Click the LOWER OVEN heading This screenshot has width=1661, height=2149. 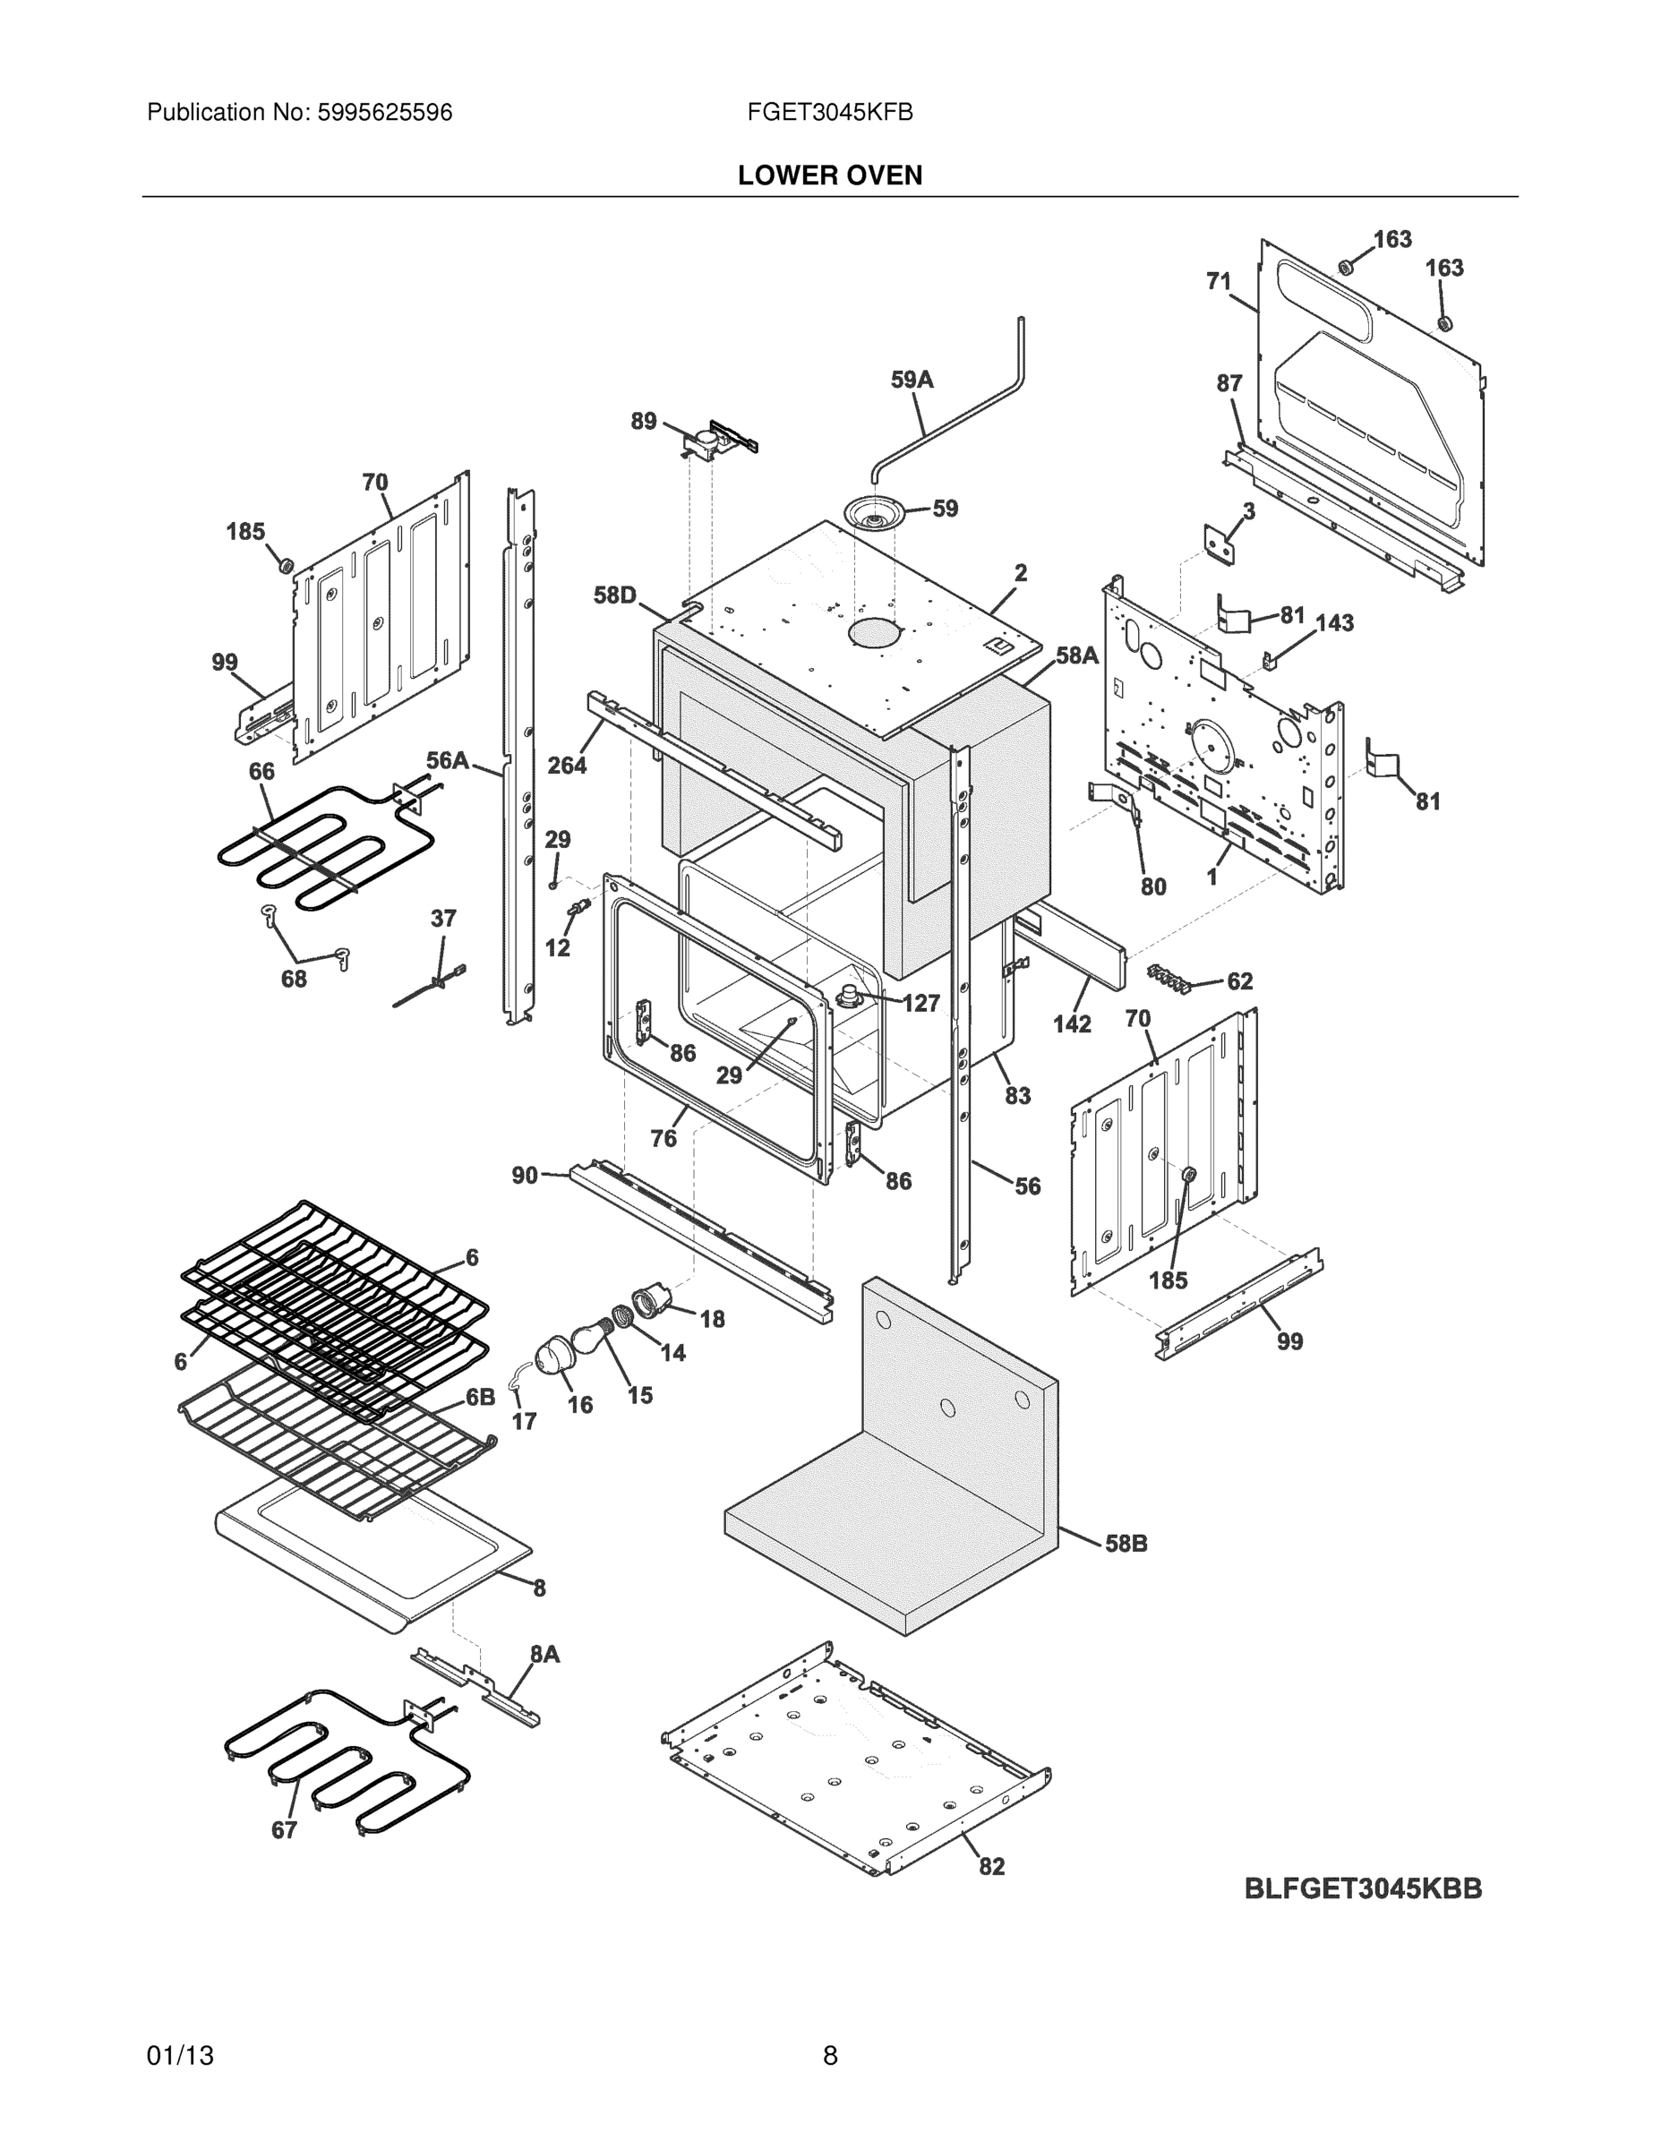(829, 176)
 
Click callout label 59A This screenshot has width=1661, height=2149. (912, 380)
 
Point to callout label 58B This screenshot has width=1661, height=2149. (1126, 1544)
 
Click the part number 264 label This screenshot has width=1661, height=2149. (567, 765)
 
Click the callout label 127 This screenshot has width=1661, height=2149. (921, 1003)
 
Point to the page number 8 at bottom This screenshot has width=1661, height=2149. (829, 2056)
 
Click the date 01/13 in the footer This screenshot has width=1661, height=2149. (180, 2056)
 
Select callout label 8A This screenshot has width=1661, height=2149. (544, 1655)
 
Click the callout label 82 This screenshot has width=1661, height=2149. (991, 1867)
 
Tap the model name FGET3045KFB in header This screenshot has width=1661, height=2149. (829, 113)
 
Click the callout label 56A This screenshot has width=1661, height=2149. (447, 760)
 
